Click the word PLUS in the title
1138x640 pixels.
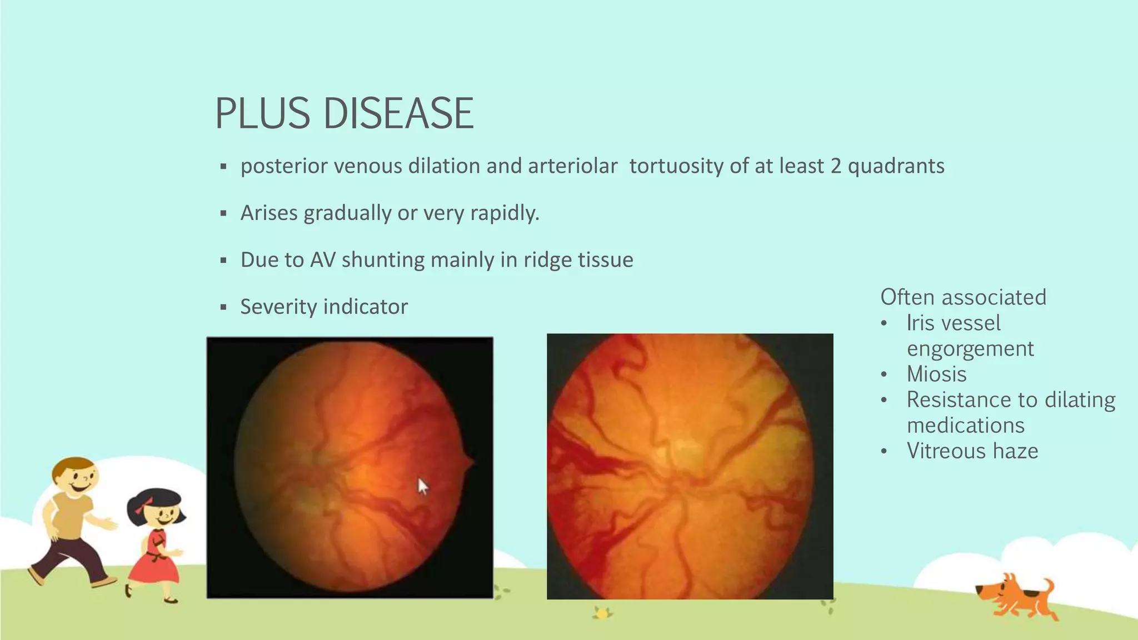tap(262, 114)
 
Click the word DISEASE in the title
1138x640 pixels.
tap(398, 114)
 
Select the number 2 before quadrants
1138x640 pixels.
tap(836, 166)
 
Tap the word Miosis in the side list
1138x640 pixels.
tap(936, 374)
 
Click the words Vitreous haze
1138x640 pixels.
tap(972, 451)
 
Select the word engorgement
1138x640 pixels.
tap(970, 348)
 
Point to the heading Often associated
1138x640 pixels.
tap(963, 297)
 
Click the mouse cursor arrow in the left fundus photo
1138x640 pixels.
tap(423, 487)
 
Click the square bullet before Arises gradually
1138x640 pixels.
tap(223, 213)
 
